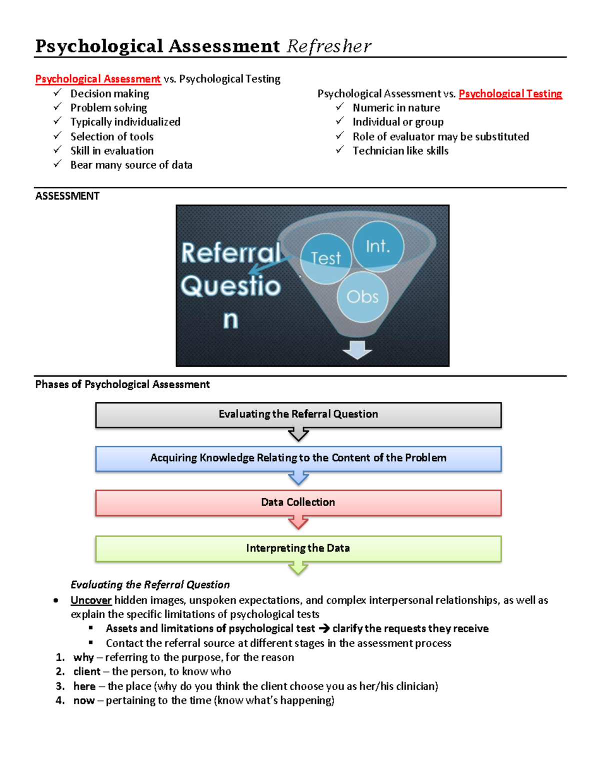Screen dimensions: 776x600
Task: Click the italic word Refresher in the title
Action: (x=329, y=46)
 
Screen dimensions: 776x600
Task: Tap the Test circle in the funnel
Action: (x=326, y=258)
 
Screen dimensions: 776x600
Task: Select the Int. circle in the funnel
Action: (x=378, y=246)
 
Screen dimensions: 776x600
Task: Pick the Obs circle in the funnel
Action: (x=362, y=297)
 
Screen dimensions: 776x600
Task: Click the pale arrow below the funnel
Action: (x=357, y=350)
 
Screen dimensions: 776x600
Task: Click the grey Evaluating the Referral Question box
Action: (x=298, y=415)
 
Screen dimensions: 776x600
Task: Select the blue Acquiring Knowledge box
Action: (x=298, y=458)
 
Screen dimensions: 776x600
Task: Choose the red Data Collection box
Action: (x=298, y=503)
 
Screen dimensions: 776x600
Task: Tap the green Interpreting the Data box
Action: (x=298, y=549)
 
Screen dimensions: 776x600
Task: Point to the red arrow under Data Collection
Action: (x=298, y=523)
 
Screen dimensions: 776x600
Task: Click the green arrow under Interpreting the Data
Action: (x=298, y=568)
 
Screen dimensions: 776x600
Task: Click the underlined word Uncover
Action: (x=91, y=600)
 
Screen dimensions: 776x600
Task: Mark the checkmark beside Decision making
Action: (x=57, y=93)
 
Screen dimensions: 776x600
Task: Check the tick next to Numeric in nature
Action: (x=340, y=107)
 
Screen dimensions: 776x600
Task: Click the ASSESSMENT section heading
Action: (x=67, y=196)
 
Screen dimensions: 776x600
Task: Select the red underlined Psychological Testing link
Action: (x=510, y=94)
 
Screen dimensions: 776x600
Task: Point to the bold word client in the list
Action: (x=87, y=672)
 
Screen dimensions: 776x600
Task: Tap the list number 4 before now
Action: (x=60, y=701)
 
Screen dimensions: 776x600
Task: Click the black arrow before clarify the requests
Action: (x=324, y=629)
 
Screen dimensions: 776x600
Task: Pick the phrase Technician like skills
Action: (x=400, y=151)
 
